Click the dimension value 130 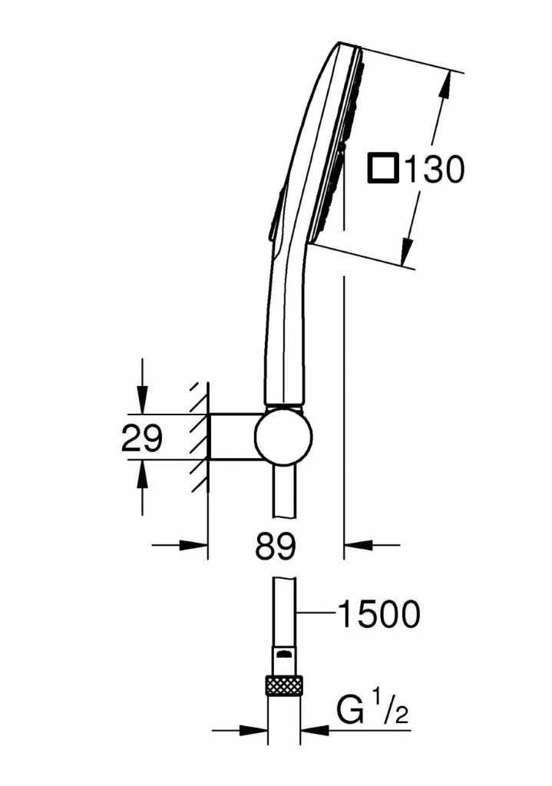point(435,169)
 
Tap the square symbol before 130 point(384,169)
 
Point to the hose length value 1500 point(379,614)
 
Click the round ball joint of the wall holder point(283,436)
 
